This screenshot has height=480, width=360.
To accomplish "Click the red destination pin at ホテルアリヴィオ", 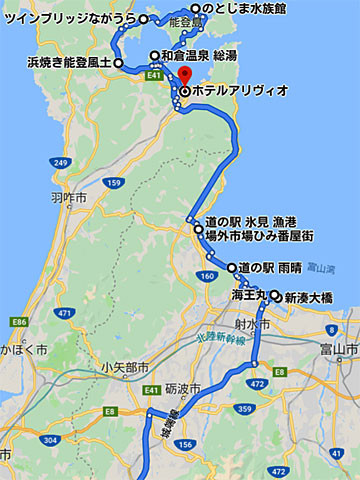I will (x=185, y=78).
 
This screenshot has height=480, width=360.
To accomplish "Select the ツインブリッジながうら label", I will (x=72, y=19).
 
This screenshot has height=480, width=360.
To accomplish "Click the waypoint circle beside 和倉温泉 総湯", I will (x=153, y=56).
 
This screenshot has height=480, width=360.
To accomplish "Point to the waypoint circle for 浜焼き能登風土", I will (x=118, y=63).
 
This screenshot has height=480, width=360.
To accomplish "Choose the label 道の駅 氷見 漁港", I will (x=246, y=222).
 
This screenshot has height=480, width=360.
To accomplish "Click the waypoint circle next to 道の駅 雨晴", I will (x=232, y=268).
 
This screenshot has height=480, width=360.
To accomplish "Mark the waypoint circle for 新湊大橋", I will (x=274, y=296).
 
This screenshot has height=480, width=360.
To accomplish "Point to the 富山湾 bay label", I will (x=319, y=268).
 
